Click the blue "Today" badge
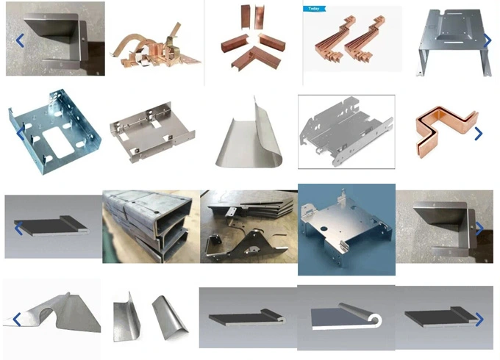click(312, 9)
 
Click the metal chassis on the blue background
click(346, 228)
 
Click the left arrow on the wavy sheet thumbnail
click(16, 320)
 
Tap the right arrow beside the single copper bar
click(478, 134)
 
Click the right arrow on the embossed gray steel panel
click(486, 41)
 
